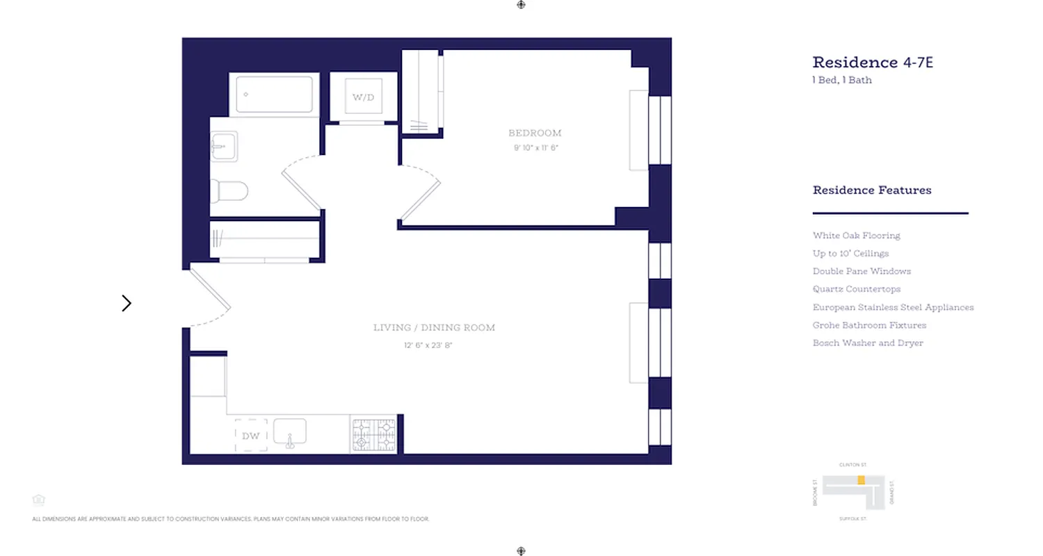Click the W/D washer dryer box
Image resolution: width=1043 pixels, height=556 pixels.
[x=363, y=97]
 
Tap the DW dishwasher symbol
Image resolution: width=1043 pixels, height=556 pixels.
[x=251, y=436]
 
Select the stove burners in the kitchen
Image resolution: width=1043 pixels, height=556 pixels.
[x=374, y=435]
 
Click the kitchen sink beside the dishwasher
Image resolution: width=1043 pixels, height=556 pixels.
[x=290, y=432]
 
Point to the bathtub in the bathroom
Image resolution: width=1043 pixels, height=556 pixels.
[x=274, y=95]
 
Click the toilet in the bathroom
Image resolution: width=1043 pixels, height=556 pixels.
[x=230, y=190]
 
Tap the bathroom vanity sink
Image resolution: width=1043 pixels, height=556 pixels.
[x=225, y=147]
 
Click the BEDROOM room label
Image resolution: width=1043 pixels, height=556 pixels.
[x=535, y=133]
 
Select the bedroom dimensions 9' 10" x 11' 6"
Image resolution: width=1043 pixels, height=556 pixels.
[x=535, y=147]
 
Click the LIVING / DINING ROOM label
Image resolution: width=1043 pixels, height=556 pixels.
[x=434, y=327]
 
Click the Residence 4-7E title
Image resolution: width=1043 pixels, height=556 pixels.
[x=872, y=63]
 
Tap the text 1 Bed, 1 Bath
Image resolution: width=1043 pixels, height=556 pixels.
[x=841, y=80]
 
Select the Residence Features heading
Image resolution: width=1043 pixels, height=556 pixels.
[x=872, y=190]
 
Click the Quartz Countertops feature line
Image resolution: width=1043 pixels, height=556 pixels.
[x=856, y=289]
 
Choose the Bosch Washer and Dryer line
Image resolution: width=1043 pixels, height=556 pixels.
[x=868, y=343]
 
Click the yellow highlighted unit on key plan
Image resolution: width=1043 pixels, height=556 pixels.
[x=861, y=480]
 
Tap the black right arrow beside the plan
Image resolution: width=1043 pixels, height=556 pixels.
[x=127, y=303]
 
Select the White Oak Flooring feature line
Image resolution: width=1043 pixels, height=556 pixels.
[x=856, y=236]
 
